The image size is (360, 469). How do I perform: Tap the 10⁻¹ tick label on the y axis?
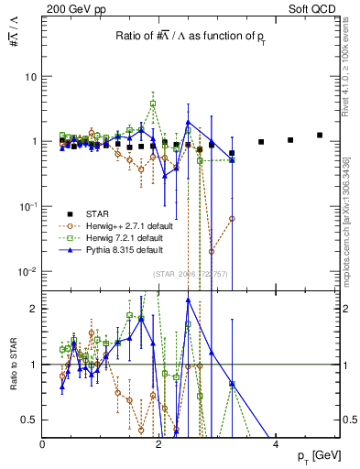coord(28,207)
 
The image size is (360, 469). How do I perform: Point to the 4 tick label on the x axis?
coord(276,443)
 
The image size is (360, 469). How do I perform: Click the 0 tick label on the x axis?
coord(43,443)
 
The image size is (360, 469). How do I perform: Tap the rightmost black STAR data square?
coord(320,135)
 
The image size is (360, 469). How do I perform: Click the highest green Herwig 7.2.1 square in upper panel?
coord(153,104)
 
